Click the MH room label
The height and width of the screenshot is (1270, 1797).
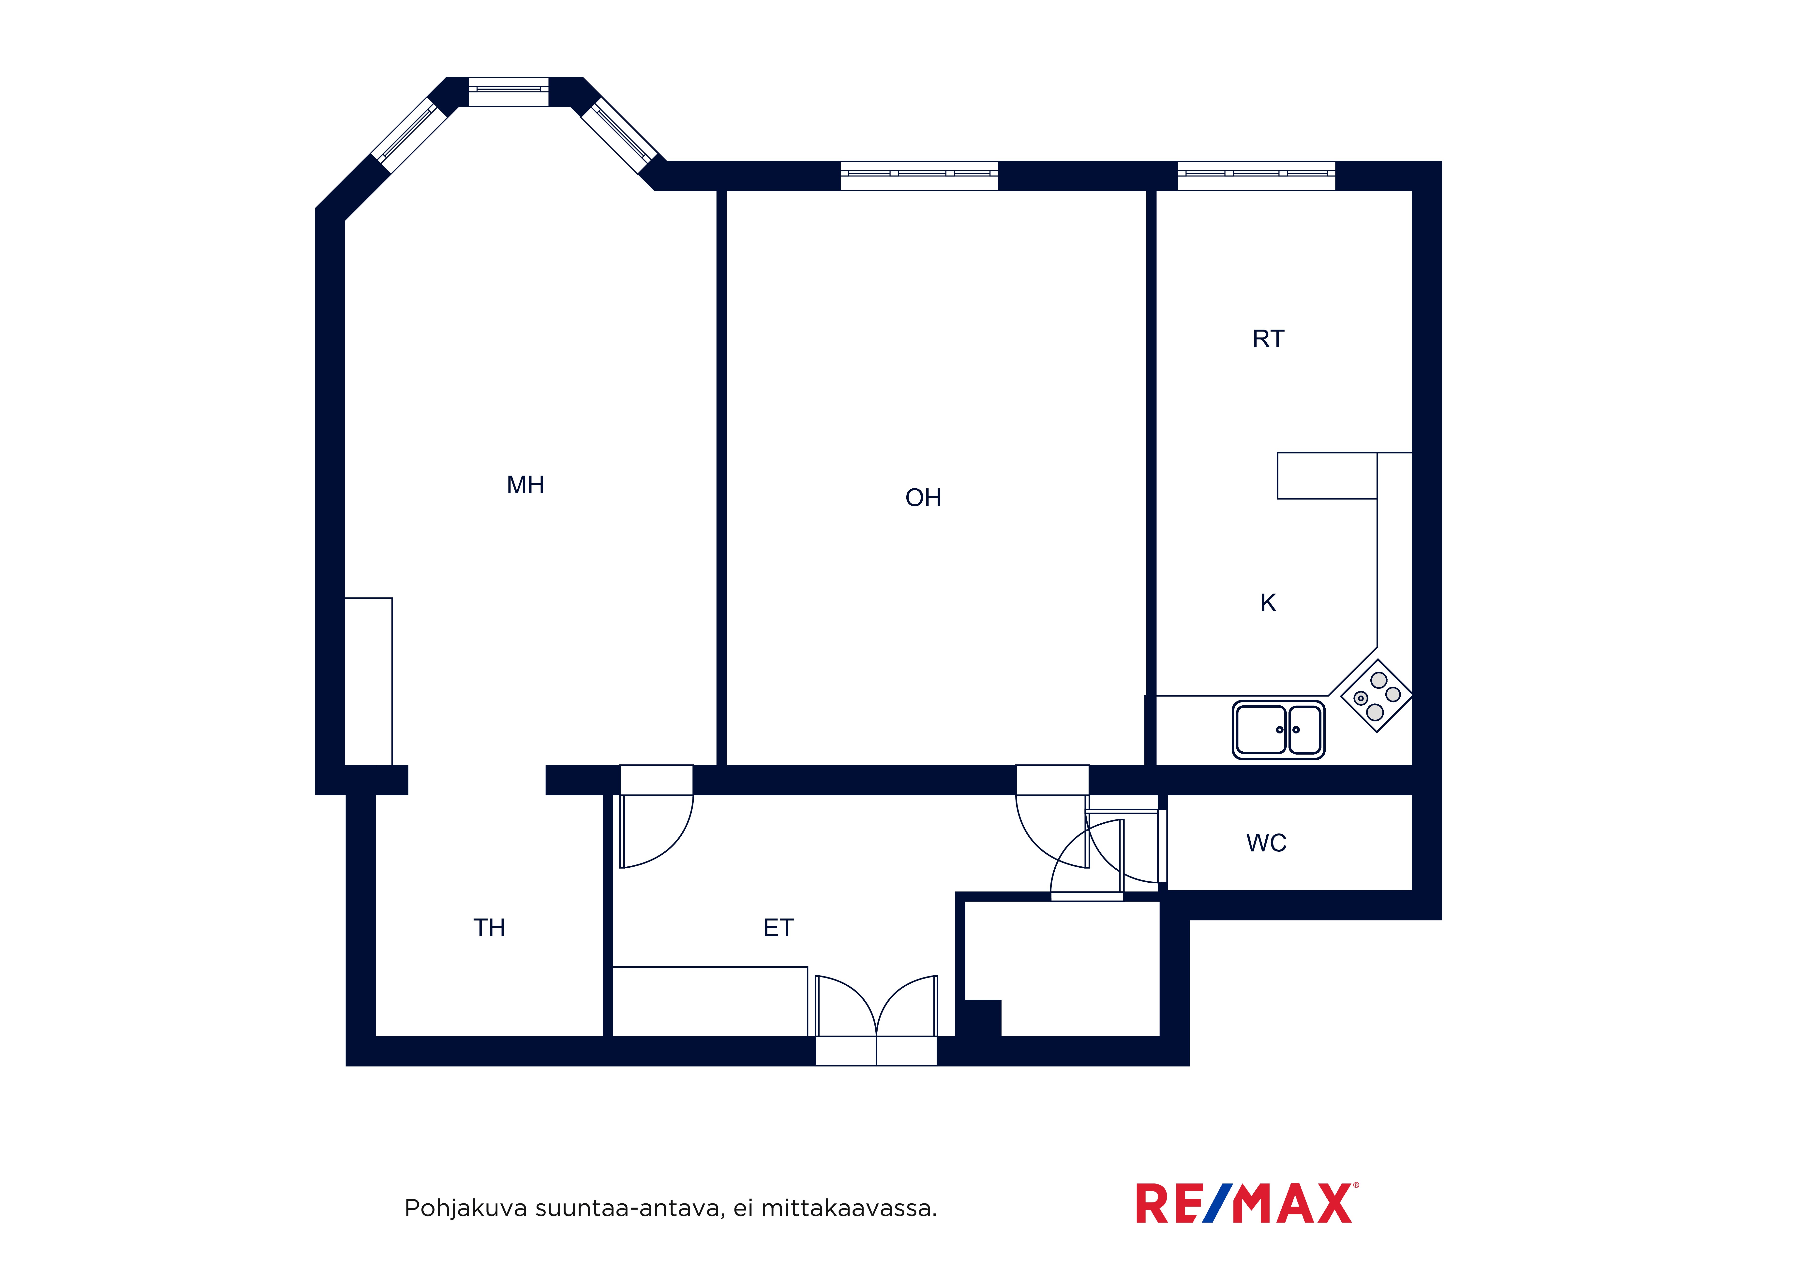[x=525, y=485]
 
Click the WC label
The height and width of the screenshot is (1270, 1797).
[x=1266, y=843]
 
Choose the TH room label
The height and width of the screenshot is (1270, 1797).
[x=489, y=928]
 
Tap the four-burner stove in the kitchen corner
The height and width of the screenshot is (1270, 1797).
[x=1377, y=696]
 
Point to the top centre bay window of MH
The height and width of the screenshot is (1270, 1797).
[x=509, y=91]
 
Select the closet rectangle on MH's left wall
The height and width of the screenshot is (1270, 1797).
[x=369, y=682]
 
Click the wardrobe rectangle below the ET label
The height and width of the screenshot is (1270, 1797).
[x=710, y=1002]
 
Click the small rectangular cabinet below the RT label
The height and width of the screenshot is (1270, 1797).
[x=1327, y=476]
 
